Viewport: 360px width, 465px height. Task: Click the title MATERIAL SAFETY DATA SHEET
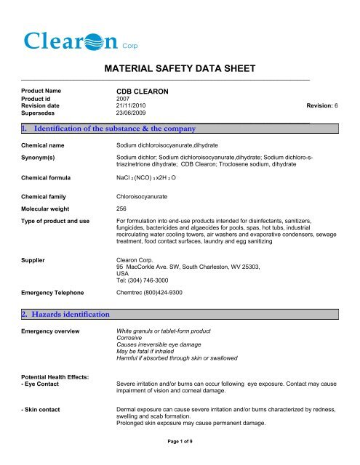pyautogui.click(x=179, y=70)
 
